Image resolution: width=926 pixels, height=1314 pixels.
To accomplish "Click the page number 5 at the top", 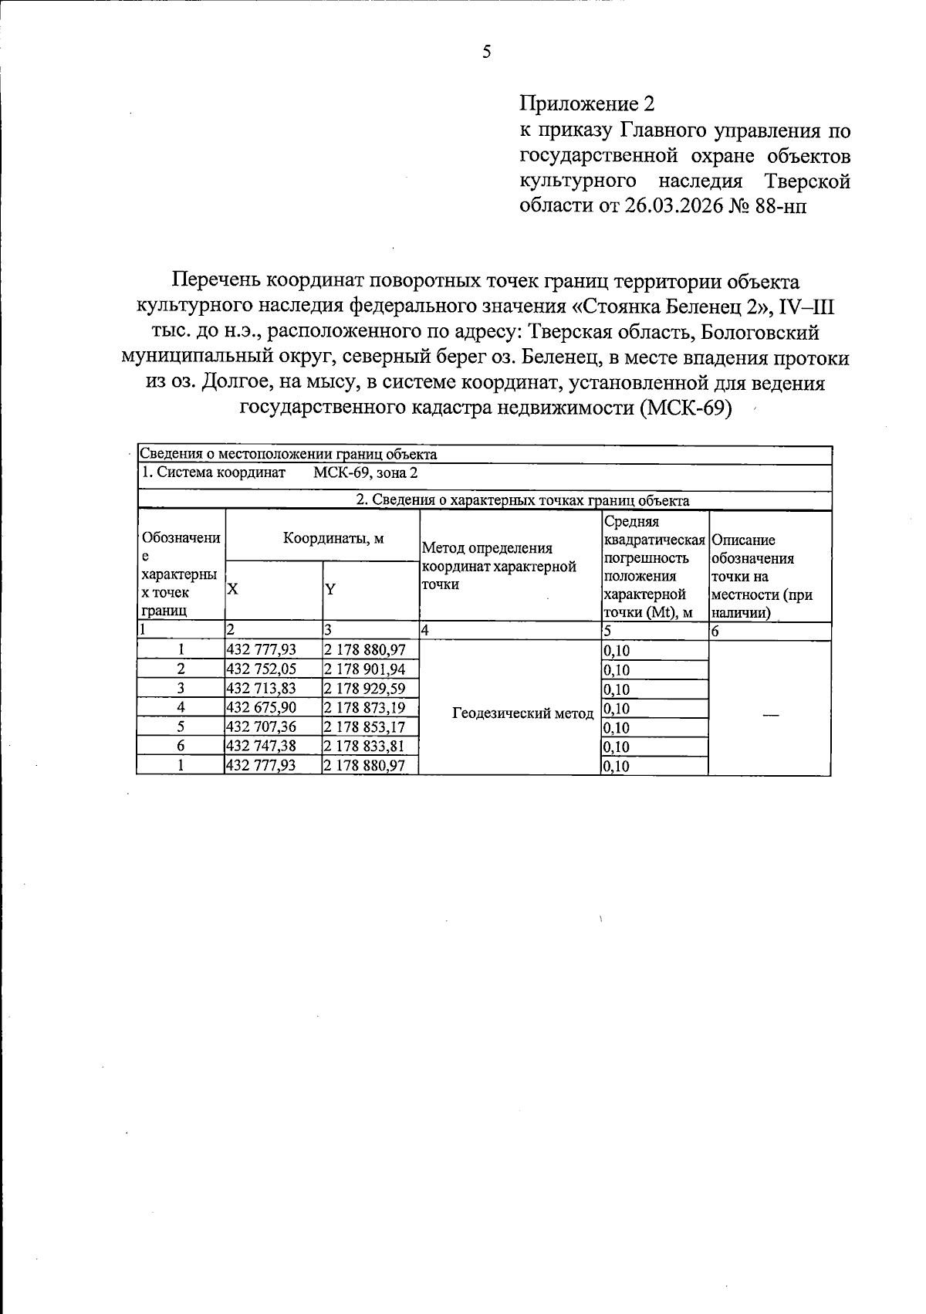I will click(486, 52).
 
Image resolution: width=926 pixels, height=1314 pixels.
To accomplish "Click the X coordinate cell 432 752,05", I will click(261, 669).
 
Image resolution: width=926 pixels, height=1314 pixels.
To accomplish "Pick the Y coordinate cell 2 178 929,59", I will click(364, 689).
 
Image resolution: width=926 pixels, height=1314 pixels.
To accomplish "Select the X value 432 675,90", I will click(261, 708).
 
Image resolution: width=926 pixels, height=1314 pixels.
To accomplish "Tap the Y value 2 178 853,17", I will click(364, 727).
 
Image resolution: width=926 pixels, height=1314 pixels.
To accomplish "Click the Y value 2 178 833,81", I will click(364, 746).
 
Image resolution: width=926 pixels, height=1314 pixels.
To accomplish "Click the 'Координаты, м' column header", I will click(333, 539).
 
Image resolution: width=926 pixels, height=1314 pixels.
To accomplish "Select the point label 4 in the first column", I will click(181, 708).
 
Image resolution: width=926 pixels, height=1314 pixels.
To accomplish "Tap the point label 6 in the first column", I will click(181, 746).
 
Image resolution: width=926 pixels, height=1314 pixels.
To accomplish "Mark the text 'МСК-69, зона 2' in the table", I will click(365, 472).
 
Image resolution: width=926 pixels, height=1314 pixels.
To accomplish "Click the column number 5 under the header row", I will click(608, 632).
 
